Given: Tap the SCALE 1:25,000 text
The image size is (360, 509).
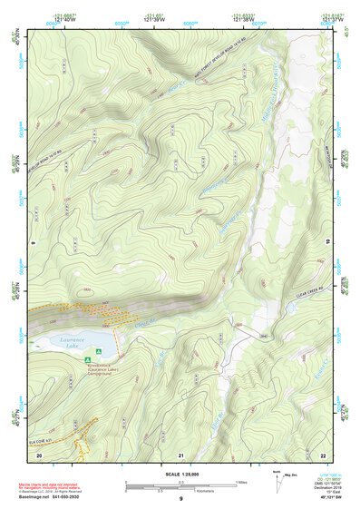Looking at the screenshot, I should (180, 474).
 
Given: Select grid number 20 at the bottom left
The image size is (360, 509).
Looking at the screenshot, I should (38, 454).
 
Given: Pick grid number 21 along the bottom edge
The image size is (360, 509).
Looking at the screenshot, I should (181, 454).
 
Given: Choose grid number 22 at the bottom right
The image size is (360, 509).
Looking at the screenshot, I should (323, 454).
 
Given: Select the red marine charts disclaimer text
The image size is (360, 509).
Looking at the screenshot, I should (55, 485).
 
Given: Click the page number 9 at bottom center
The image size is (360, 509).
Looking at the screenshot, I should (181, 500).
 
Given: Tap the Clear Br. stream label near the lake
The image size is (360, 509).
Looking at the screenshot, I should (139, 322).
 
